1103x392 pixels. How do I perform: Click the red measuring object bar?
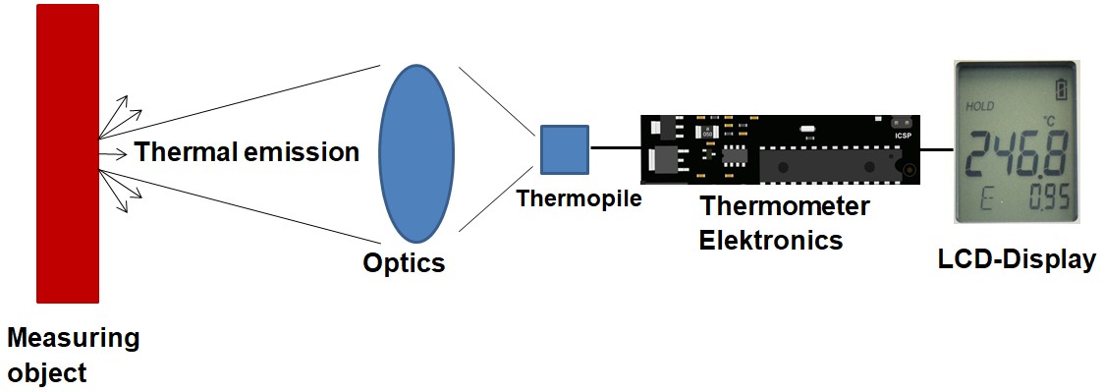tap(68, 152)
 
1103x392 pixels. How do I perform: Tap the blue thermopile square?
tap(564, 150)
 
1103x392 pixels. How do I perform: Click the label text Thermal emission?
tap(247, 152)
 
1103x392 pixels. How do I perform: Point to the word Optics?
tap(404, 263)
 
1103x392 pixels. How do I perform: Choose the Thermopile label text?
tap(579, 199)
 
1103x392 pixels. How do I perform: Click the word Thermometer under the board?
tap(784, 207)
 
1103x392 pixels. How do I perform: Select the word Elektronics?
tap(770, 239)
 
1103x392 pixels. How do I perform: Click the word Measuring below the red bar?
tap(73, 340)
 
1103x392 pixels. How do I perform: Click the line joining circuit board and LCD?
tap(938, 149)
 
